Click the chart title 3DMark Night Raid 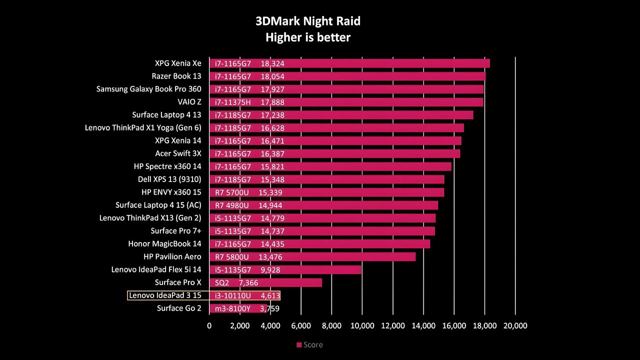[308, 21]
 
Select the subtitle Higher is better [308, 37]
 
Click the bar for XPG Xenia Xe [349, 63]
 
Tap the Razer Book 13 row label [176, 76]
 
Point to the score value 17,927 [272, 89]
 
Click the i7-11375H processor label [233, 102]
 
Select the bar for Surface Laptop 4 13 [341, 115]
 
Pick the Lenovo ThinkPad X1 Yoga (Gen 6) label [143, 127]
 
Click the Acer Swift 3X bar [335, 153]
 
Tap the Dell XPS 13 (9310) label [169, 179]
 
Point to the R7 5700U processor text [231, 192]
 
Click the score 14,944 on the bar [270, 205]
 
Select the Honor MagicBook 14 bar [319, 244]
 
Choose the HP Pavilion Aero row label [172, 256]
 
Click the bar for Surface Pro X [265, 282]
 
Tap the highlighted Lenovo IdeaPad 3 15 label [165, 295]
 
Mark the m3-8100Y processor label [232, 308]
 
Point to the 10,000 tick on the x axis [362, 325]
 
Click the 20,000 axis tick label [515, 325]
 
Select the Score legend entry [309, 345]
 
